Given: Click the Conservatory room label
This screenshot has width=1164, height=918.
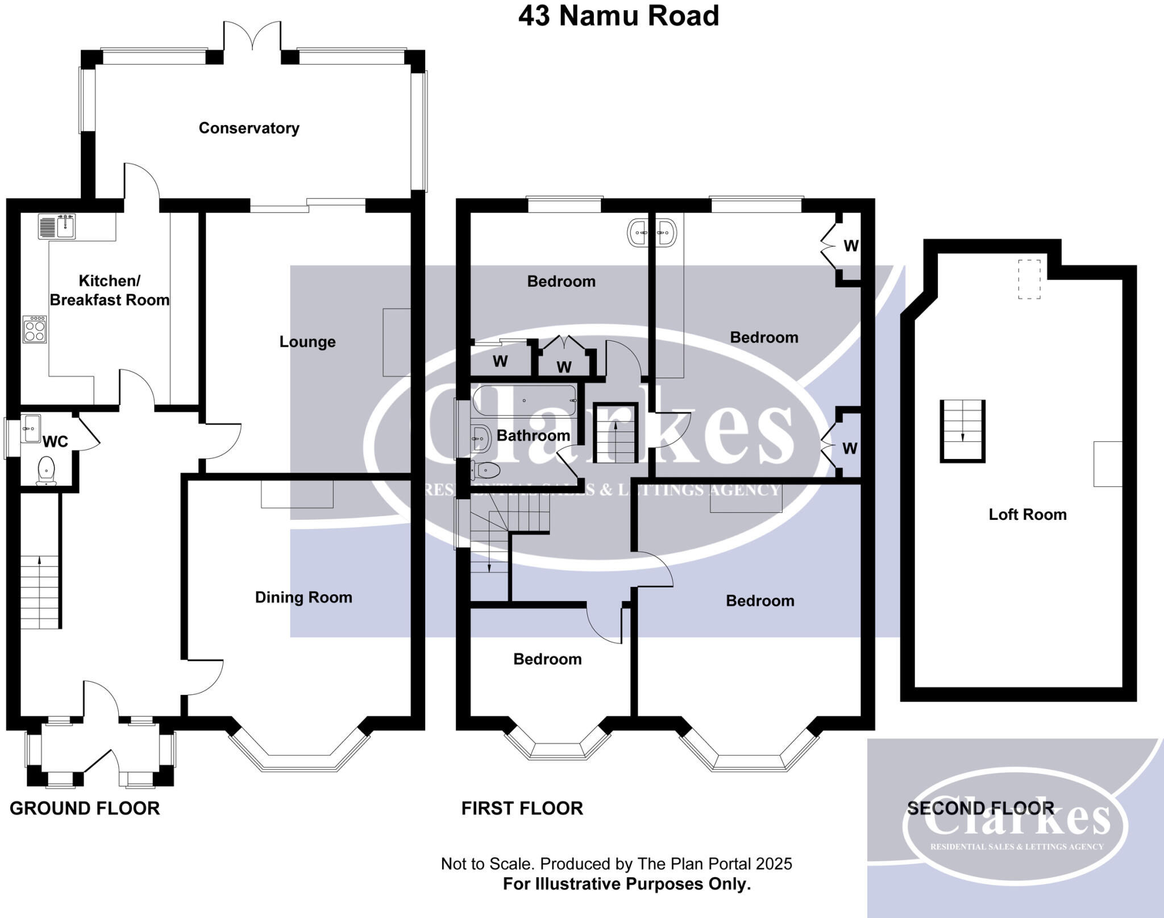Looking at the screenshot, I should [249, 128].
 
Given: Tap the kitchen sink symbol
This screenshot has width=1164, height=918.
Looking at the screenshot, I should [57, 226].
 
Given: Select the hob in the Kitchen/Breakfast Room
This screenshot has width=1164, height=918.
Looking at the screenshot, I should [34, 329].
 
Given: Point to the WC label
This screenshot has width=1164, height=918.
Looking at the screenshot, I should [55, 441].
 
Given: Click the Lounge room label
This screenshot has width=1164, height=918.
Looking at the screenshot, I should [307, 342].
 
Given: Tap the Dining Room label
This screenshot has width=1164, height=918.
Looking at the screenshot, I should [304, 598].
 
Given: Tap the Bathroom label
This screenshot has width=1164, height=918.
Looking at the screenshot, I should [533, 436].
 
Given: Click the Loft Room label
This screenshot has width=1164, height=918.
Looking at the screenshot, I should [1027, 515].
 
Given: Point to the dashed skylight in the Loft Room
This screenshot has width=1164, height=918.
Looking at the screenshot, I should [1029, 279].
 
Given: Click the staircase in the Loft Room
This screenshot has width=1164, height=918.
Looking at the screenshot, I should [962, 431].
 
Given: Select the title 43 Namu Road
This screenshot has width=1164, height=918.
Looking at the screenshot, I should [618, 16].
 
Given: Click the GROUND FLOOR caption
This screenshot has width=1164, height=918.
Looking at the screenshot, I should [85, 808].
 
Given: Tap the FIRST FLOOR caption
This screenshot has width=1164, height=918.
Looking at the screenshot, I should [522, 808].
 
